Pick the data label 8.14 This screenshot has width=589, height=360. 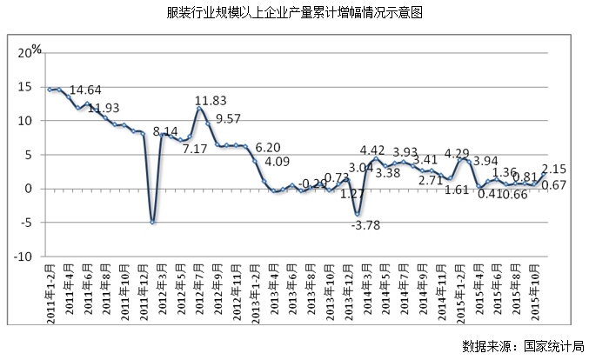coord(166,132)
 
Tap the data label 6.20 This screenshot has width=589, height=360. coord(269,148)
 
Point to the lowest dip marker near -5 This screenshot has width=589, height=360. coord(152,223)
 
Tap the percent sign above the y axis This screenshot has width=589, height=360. coord(37,49)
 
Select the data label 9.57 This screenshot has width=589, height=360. coord(227,118)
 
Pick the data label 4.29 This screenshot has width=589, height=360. coord(458,154)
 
